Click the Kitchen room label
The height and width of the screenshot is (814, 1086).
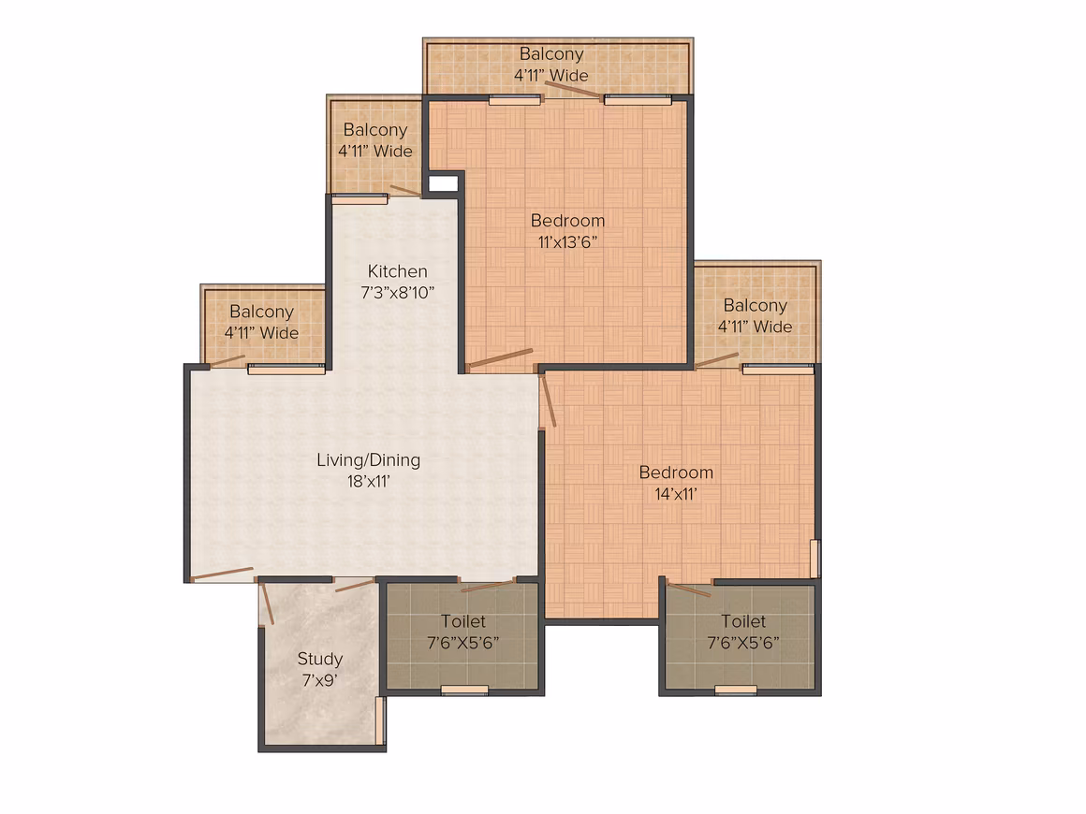pos(397,270)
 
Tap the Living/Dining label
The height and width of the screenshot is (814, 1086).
pos(369,460)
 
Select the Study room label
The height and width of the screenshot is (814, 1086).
pos(320,659)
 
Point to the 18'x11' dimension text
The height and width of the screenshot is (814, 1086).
pos(369,481)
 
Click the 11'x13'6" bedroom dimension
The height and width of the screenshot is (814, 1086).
pos(567,241)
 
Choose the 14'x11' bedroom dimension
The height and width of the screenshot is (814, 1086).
pos(676,493)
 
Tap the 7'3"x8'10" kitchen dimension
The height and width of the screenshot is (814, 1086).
pos(397,292)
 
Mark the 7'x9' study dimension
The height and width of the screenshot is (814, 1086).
pos(320,680)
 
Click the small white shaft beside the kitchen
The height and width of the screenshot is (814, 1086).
pos(443,183)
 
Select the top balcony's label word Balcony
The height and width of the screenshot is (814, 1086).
pos(551,54)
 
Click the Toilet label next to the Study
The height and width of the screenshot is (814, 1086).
pos(462,621)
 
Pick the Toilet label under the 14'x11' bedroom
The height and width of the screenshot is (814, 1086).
pos(743,621)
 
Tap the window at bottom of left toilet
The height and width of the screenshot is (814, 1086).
pos(464,690)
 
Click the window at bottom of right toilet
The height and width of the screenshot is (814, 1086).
pos(736,690)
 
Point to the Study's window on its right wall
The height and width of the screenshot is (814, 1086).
pos(379,720)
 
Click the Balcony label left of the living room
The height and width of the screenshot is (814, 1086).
pos(261,312)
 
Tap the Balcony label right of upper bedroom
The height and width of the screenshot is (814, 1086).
pos(755,305)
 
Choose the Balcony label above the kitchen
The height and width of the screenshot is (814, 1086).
pos(374,129)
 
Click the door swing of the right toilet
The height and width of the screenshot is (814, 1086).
pos(690,590)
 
